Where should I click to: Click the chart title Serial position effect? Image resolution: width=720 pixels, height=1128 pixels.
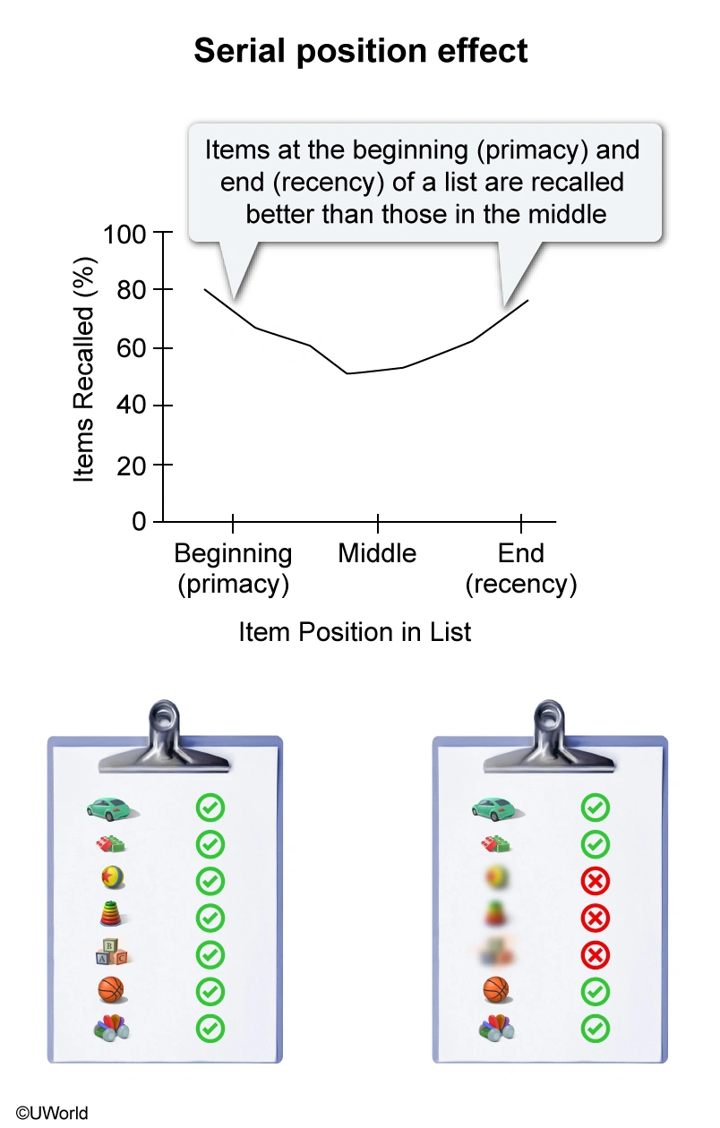(x=360, y=51)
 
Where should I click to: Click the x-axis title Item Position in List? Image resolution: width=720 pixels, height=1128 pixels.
(x=355, y=632)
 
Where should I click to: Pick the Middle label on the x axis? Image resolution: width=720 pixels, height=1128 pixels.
(x=377, y=553)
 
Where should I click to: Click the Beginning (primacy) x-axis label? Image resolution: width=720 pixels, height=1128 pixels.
(x=233, y=568)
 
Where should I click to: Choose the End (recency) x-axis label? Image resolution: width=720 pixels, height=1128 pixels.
(x=520, y=568)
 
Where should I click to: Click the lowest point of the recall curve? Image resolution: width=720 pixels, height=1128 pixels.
(x=347, y=372)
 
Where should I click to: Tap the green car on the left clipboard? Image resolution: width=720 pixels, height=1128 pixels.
(x=111, y=808)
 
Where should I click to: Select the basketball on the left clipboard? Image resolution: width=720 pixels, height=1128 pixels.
(x=111, y=990)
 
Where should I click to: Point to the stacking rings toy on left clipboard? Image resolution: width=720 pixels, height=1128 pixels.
(x=111, y=917)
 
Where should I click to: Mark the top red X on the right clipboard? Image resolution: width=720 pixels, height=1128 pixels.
(x=595, y=882)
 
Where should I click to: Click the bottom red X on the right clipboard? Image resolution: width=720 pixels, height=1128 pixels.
(x=595, y=955)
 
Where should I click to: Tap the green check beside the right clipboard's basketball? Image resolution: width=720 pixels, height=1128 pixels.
(x=595, y=992)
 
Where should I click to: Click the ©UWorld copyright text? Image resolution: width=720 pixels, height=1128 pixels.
(x=45, y=1113)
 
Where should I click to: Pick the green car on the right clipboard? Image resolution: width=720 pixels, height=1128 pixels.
(x=496, y=808)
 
